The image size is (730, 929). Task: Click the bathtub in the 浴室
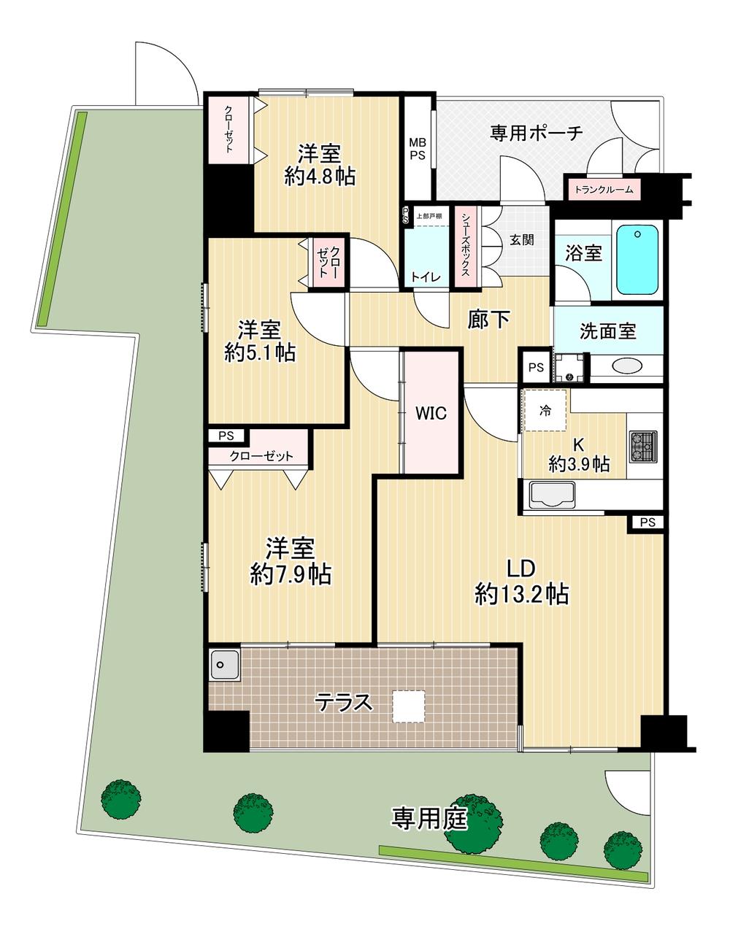pyautogui.click(x=637, y=260)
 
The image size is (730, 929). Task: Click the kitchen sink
pyautogui.click(x=552, y=495)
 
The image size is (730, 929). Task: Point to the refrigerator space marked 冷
pyautogui.click(x=546, y=411)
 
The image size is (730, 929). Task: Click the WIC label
pyautogui.click(x=431, y=413)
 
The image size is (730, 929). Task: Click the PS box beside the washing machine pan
pyautogui.click(x=536, y=367)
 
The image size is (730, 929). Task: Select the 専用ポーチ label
pyautogui.click(x=537, y=133)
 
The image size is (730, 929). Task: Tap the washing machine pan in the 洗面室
pyautogui.click(x=569, y=368)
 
